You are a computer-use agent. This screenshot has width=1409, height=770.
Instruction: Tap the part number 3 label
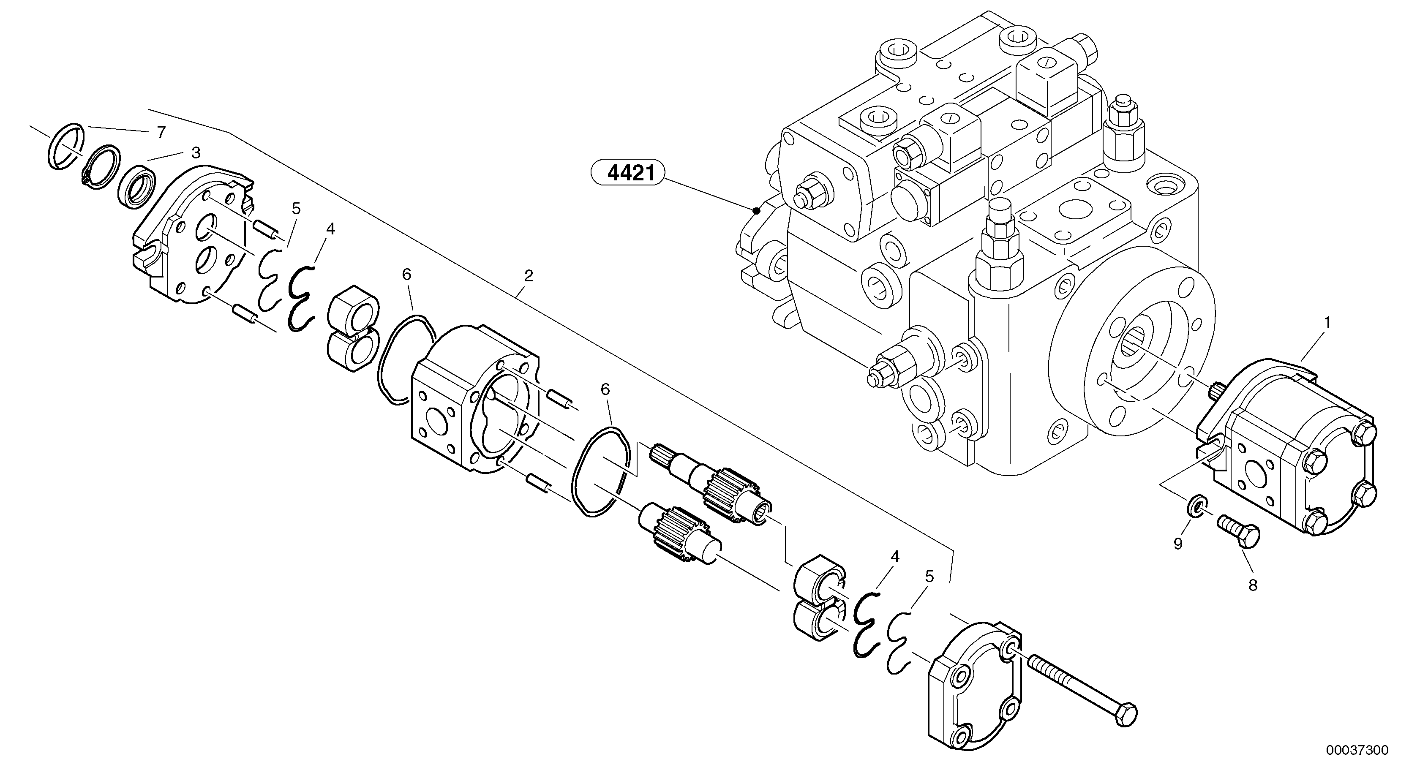[x=195, y=152]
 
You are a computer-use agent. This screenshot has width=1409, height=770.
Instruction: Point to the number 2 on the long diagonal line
[x=528, y=276]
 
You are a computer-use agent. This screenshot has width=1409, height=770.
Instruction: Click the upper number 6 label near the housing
[x=406, y=275]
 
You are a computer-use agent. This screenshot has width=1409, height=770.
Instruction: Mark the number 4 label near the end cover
[x=895, y=557]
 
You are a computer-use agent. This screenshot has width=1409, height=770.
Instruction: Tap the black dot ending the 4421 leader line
[x=756, y=210]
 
